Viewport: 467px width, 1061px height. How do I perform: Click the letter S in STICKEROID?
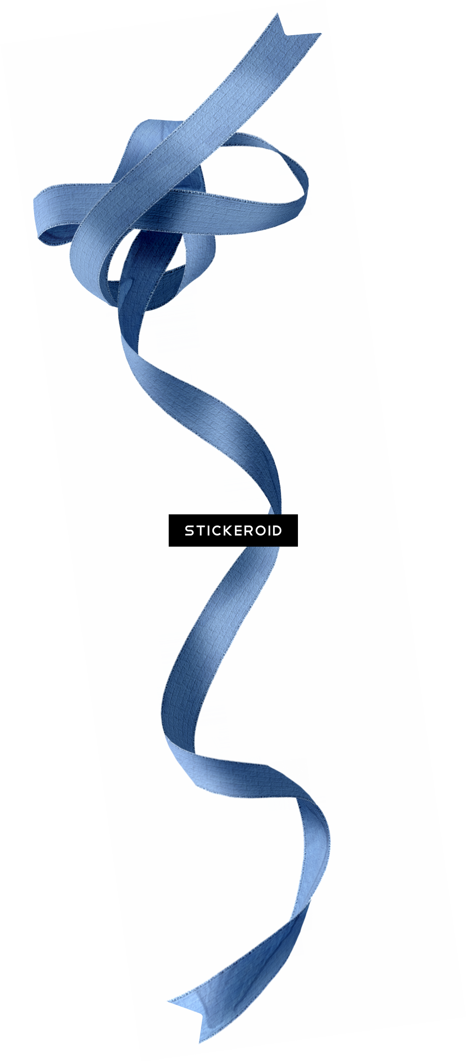[x=189, y=530]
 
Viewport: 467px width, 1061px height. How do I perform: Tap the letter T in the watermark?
[x=199, y=530]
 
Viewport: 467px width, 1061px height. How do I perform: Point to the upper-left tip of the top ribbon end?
[x=277, y=13]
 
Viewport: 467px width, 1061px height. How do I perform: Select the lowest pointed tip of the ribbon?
[x=200, y=1042]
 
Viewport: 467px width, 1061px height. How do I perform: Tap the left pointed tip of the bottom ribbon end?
[x=168, y=1000]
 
